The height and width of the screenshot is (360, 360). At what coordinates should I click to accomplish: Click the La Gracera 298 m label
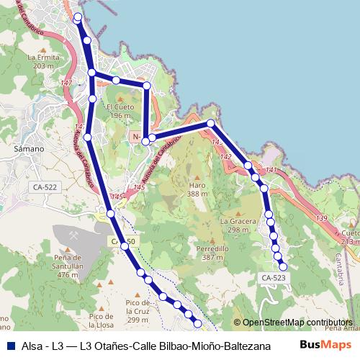tap(240, 225)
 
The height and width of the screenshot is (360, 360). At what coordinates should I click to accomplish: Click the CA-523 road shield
tap(273, 277)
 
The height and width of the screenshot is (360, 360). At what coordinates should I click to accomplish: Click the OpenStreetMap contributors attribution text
tap(297, 323)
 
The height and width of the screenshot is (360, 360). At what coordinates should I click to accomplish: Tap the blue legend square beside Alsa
tap(8, 345)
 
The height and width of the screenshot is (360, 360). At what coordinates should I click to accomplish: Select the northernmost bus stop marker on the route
tap(78, 17)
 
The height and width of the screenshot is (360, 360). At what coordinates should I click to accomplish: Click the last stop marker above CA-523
tap(283, 267)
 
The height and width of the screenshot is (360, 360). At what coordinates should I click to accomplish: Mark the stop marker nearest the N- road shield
tap(146, 141)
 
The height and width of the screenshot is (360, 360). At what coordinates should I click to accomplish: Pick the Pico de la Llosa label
tap(101, 320)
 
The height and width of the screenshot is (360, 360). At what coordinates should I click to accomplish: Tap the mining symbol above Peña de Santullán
tap(73, 233)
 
